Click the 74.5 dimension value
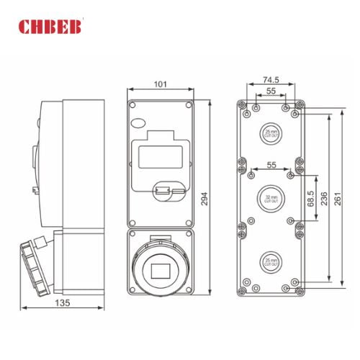(271, 80)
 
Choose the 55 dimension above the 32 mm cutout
(271, 166)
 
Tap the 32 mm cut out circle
(271, 197)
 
